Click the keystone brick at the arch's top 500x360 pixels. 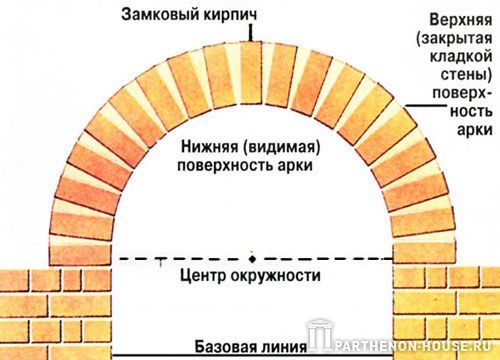(251, 72)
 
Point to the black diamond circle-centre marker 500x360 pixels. (252, 259)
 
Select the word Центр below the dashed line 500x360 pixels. (203, 276)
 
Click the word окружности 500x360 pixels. (275, 276)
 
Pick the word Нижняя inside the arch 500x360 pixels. (210, 147)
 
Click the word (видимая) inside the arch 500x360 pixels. (282, 147)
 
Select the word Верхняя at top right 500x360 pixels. (461, 20)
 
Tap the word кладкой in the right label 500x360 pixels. (461, 56)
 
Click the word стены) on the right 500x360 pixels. (466, 75)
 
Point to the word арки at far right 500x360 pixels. (475, 130)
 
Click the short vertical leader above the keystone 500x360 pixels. (250, 33)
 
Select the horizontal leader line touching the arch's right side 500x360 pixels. (426, 106)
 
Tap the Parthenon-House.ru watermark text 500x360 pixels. (413, 346)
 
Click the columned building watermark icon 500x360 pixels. (321, 335)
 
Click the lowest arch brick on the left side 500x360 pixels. (80, 255)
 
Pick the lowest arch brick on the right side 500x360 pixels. (425, 253)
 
